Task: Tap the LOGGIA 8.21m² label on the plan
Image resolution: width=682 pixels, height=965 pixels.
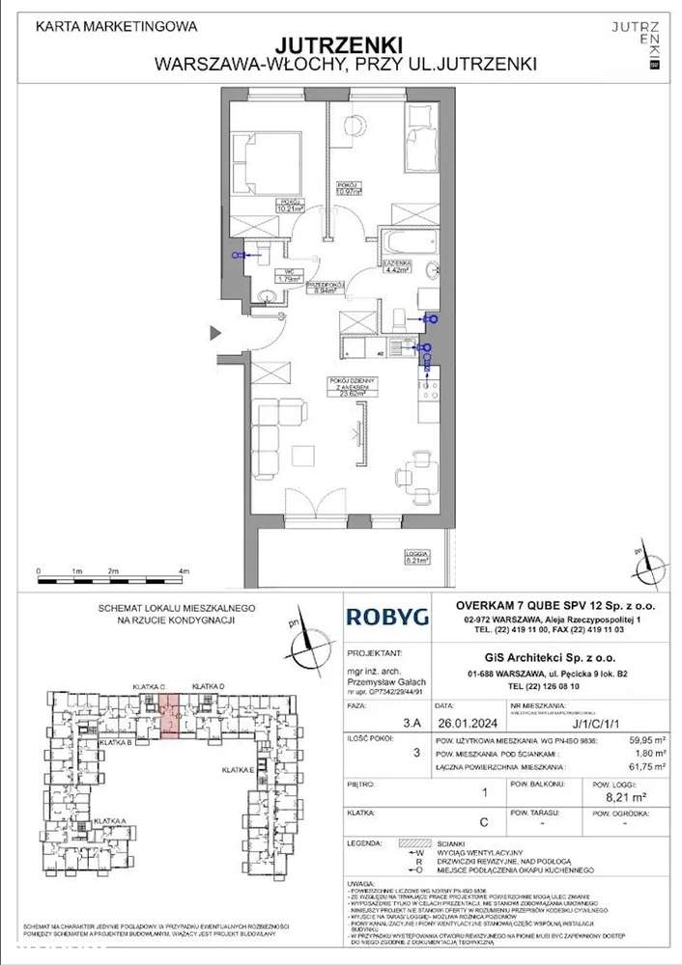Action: pyautogui.click(x=417, y=556)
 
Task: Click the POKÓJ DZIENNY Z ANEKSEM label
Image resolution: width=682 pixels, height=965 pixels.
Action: pyautogui.click(x=342, y=387)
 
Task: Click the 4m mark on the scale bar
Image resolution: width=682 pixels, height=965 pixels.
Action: pyautogui.click(x=184, y=572)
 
